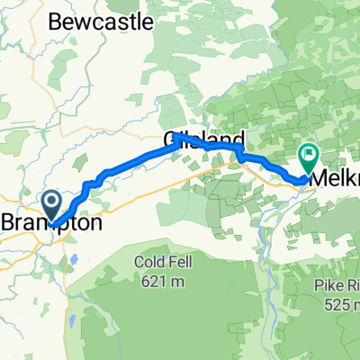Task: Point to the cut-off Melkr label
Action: pyautogui.click(x=333, y=178)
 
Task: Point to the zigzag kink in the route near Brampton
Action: pyautogui.click(x=86, y=187)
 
